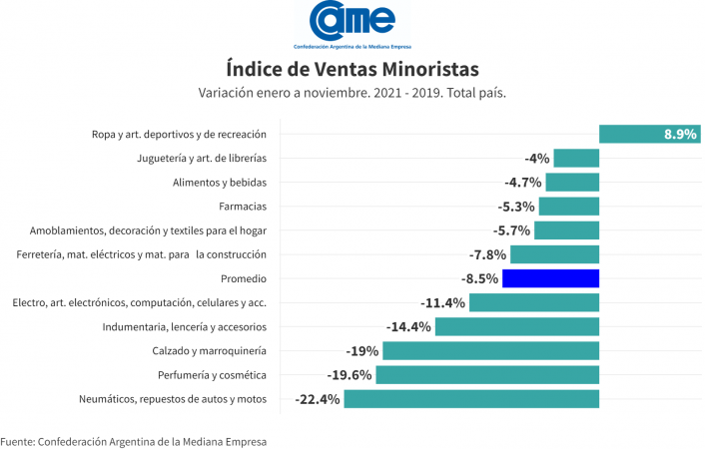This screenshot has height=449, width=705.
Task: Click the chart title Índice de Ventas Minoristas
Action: (x=352, y=69)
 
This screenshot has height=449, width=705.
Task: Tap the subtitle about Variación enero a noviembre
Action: (x=352, y=93)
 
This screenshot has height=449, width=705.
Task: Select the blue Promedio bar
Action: (x=550, y=278)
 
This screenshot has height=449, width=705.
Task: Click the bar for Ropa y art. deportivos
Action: (x=649, y=134)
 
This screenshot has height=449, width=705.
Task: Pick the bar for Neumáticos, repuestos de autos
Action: (x=471, y=399)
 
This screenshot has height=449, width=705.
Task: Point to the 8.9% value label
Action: (x=680, y=134)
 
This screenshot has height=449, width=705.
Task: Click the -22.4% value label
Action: (x=318, y=399)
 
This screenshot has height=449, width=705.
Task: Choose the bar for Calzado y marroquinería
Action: (x=490, y=351)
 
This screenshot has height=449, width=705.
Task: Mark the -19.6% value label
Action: (x=350, y=375)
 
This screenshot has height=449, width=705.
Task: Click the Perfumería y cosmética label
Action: (x=212, y=375)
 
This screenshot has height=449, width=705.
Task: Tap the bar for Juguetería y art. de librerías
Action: (x=576, y=158)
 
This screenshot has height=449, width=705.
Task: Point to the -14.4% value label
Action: (x=408, y=327)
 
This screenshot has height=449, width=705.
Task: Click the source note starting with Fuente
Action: (x=134, y=440)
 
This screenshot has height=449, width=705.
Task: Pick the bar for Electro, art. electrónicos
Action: (x=534, y=302)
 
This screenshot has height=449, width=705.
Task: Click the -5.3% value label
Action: (x=516, y=207)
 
